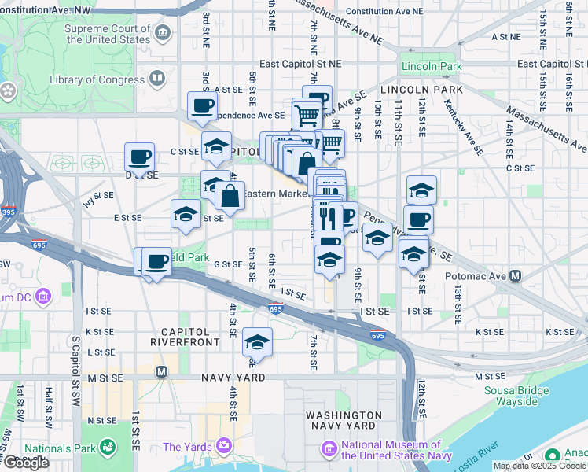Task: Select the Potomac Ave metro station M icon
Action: click(x=516, y=276)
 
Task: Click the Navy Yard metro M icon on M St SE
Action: click(x=162, y=371)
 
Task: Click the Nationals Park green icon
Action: click(x=108, y=448)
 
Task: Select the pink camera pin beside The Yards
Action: click(x=225, y=447)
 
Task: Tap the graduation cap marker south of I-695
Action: click(x=256, y=343)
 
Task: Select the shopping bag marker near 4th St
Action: click(x=230, y=197)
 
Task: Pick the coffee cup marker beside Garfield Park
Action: click(x=157, y=261)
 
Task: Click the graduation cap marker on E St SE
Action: click(x=186, y=214)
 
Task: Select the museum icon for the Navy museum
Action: click(x=329, y=449)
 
